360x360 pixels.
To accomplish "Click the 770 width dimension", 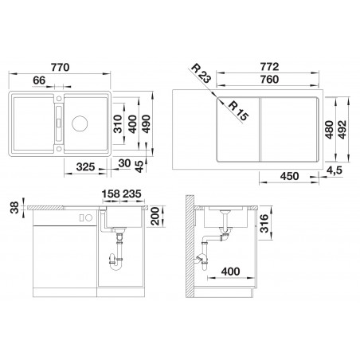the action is pyautogui.click(x=61, y=67).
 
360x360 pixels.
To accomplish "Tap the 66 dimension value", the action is pyautogui.click(x=39, y=80).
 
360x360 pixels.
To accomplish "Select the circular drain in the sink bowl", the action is pyautogui.click(x=80, y=123).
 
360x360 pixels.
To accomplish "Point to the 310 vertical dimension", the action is pyautogui.click(x=117, y=123).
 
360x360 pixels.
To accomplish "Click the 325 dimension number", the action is pyautogui.click(x=85, y=166).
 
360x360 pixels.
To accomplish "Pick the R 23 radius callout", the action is pyautogui.click(x=201, y=72).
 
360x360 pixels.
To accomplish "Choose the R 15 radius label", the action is pyautogui.click(x=238, y=111).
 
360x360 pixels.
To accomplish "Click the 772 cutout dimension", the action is pyautogui.click(x=269, y=67).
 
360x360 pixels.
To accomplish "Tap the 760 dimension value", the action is pyautogui.click(x=269, y=80).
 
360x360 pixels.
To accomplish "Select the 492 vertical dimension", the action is pyautogui.click(x=342, y=130).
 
